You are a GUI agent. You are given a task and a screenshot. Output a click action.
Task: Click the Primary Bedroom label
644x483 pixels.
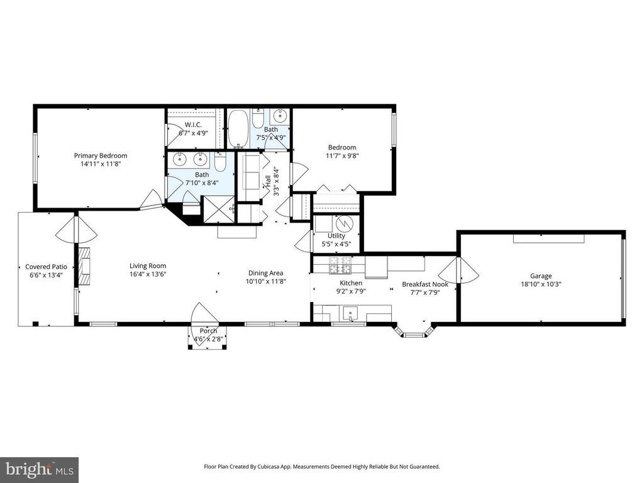(101, 156)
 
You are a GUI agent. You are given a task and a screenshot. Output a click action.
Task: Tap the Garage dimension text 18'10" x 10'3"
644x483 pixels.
(540, 284)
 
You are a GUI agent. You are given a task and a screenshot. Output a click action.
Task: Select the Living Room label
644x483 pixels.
(148, 266)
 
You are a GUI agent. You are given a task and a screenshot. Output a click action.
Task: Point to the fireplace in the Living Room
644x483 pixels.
(85, 266)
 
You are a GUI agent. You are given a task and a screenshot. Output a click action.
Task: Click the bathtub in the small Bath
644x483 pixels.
(238, 129)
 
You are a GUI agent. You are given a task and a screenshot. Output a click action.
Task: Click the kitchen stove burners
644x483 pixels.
(340, 265)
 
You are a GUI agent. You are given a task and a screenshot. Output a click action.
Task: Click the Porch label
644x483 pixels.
(208, 331)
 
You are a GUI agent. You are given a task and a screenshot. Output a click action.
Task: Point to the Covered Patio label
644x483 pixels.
(46, 267)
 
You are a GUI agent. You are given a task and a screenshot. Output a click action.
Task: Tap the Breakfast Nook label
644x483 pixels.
(425, 284)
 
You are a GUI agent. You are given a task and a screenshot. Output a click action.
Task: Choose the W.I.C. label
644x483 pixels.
(193, 125)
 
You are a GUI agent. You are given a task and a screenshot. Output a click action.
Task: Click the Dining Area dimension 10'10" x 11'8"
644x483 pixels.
(266, 281)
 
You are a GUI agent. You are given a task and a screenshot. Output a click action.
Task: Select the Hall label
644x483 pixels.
(268, 182)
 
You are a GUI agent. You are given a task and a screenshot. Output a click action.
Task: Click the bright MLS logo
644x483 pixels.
(40, 469)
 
